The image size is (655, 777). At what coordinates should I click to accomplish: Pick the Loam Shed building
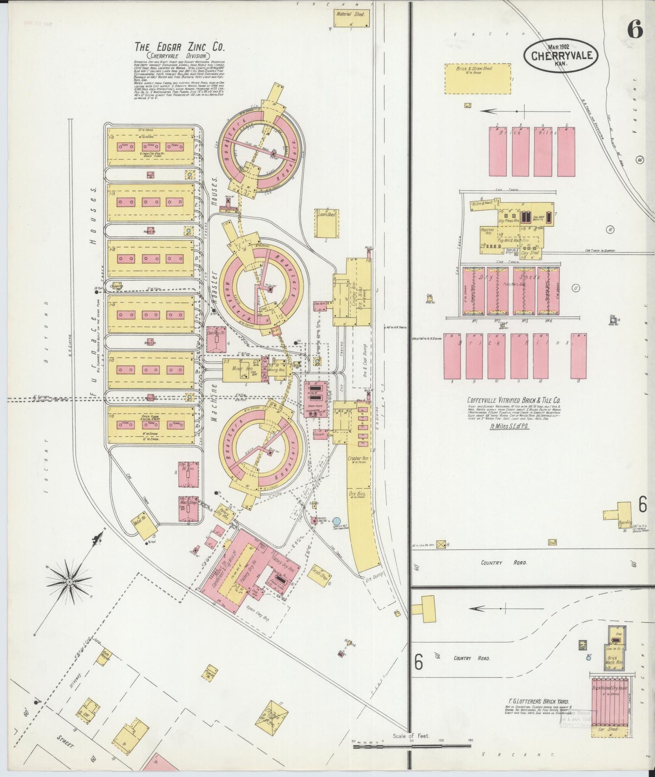(327, 222)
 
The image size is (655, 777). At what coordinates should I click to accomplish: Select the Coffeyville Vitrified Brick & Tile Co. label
(514, 401)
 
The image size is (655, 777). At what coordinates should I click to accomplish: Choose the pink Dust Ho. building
(216, 338)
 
